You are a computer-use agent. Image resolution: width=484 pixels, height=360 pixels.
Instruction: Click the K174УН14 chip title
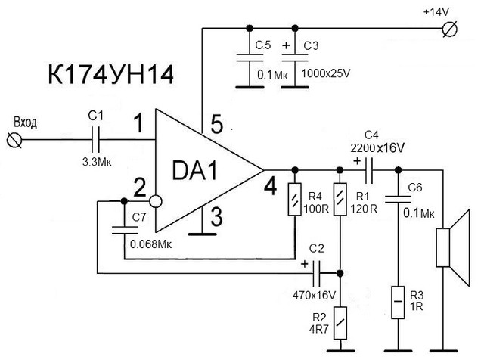tap(111, 75)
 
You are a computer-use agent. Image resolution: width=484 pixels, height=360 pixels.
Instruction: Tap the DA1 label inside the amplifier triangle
tap(195, 171)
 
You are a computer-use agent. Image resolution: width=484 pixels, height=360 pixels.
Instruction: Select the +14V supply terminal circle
tap(450, 29)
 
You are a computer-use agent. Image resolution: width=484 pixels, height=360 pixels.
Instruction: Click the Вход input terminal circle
tap(14, 140)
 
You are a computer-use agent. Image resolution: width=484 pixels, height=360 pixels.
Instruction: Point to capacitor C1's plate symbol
tap(96, 140)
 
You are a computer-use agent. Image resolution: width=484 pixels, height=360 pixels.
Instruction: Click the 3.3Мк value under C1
tap(97, 162)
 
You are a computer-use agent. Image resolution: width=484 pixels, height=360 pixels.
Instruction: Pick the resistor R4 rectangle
tap(294, 200)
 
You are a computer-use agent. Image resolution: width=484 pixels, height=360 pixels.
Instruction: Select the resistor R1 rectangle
tap(340, 200)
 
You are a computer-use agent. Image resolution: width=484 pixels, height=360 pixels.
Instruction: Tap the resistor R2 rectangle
tap(340, 323)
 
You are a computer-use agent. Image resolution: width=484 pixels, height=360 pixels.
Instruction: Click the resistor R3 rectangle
tap(398, 303)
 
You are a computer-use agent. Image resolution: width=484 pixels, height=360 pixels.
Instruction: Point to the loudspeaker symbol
tap(453, 247)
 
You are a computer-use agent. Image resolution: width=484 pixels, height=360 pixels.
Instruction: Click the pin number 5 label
tap(217, 124)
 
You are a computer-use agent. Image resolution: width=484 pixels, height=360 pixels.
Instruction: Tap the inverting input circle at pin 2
tap(156, 202)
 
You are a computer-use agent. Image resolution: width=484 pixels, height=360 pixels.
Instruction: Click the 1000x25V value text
tap(326, 73)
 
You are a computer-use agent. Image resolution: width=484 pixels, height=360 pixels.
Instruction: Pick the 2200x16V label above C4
tap(377, 148)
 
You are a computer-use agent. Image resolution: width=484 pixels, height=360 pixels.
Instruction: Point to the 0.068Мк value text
tap(150, 244)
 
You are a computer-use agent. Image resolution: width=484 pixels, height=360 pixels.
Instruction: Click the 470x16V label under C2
tap(314, 296)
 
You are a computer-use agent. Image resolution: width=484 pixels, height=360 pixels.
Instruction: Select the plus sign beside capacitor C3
tap(287, 45)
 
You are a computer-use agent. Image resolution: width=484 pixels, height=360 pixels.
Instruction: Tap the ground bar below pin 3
tap(202, 234)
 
